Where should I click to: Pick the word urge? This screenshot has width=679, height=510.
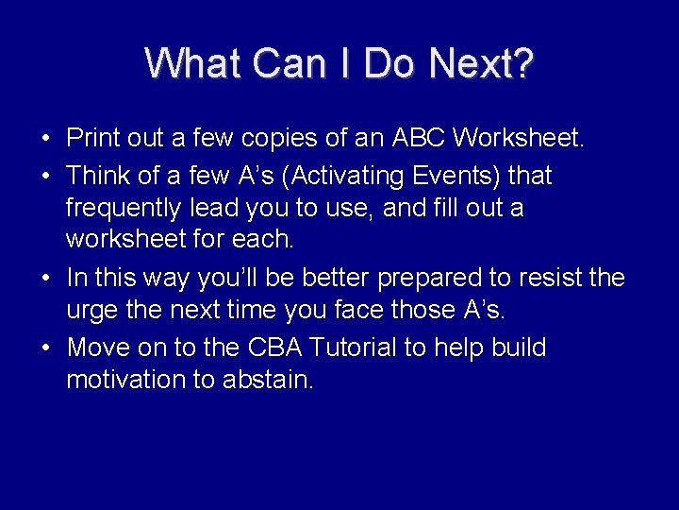coord(91,310)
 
